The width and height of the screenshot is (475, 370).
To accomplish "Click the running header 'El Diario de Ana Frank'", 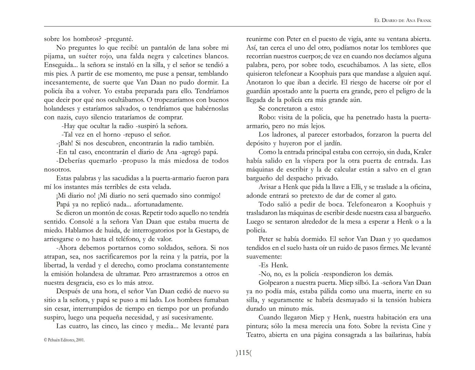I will point(402,21).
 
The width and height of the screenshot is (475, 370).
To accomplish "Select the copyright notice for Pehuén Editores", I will point(64,340).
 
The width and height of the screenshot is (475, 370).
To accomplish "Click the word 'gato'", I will point(389,196).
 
